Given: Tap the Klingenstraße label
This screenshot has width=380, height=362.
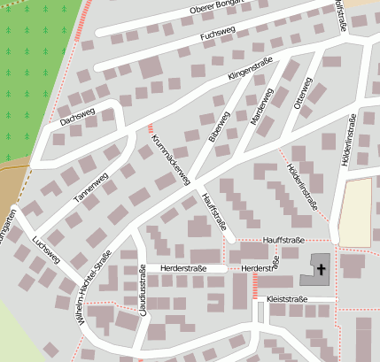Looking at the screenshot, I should (x=250, y=70).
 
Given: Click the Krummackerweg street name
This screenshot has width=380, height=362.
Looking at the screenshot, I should (x=170, y=159).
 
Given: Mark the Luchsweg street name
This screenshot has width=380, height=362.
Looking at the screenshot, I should (x=45, y=250).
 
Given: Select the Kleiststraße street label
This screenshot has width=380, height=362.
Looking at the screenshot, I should (x=285, y=300).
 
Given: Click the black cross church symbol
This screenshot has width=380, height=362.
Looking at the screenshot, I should (x=321, y=268).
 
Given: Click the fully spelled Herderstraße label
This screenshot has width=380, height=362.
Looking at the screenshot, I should (x=183, y=268).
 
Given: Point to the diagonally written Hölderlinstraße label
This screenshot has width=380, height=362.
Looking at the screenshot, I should (x=302, y=185).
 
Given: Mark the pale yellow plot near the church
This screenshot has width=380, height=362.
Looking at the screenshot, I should (x=356, y=212).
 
